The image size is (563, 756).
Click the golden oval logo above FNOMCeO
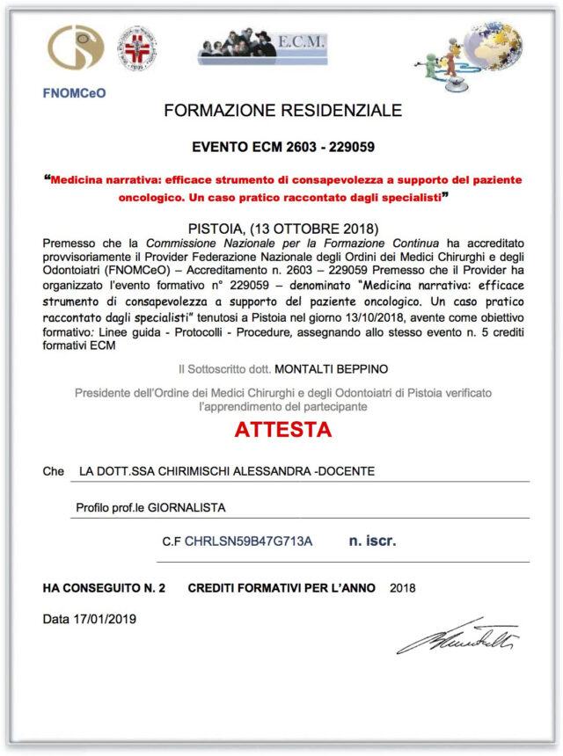pos(75,49)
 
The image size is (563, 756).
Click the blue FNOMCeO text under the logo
pos(74,92)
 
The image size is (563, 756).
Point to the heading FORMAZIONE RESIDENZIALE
pos(282,111)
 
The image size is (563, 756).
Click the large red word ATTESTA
pos(282,431)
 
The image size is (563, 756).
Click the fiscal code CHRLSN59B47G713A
pos(248,542)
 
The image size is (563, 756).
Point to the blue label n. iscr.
pos(372,541)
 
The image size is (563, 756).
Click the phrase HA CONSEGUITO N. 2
pos(104,587)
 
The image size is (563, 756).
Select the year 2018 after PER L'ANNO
pos(403,587)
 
